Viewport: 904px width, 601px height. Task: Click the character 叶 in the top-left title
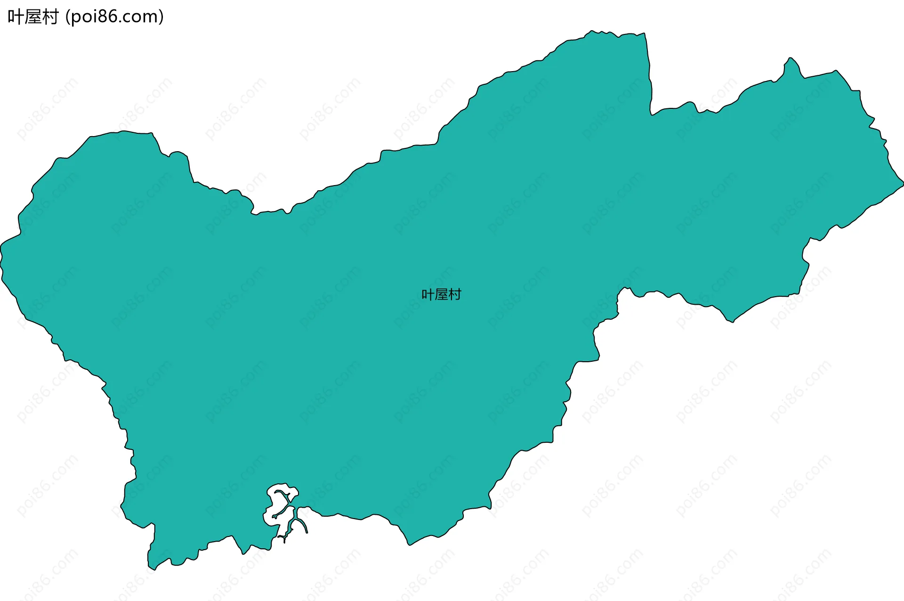[x=16, y=17]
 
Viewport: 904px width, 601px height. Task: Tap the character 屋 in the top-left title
[x=33, y=17]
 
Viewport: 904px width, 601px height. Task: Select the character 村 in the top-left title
[x=50, y=17]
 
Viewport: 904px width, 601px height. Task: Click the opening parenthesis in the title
[x=68, y=17]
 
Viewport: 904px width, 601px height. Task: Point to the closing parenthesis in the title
[x=161, y=17]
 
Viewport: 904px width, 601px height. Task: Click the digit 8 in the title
[x=100, y=17]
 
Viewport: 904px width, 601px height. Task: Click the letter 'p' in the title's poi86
[x=76, y=18]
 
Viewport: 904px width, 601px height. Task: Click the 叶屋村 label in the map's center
[x=441, y=295]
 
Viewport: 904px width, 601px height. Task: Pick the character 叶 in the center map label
[x=428, y=295]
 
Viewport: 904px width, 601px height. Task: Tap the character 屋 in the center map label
[x=441, y=295]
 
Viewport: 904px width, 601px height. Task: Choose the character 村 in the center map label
[x=455, y=295]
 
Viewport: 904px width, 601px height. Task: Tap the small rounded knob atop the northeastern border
[x=791, y=61]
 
